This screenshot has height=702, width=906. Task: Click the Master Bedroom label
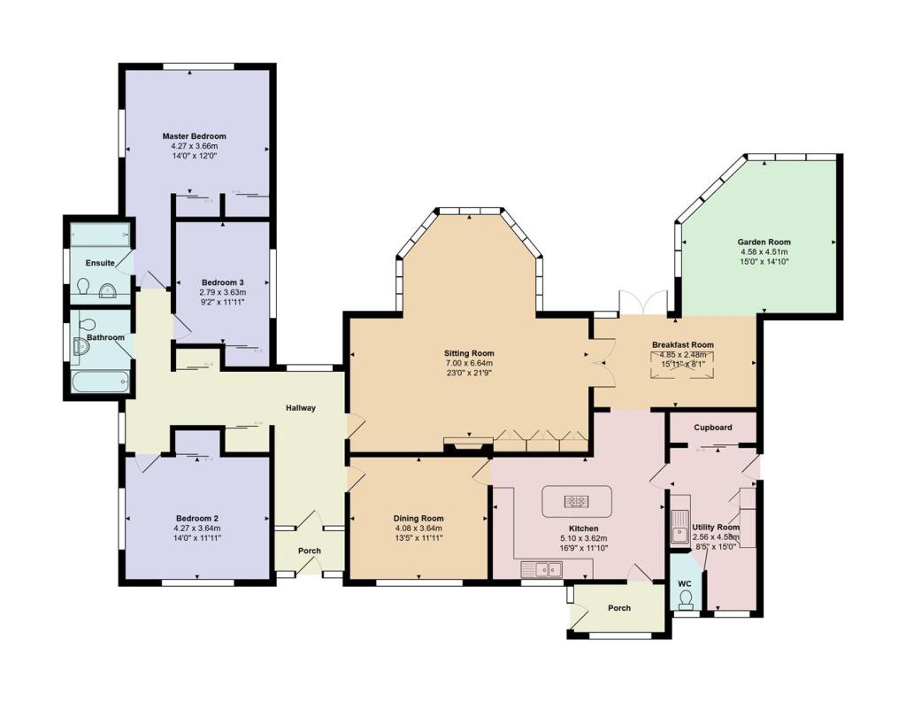[194, 136]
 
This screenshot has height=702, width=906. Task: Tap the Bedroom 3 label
[222, 282]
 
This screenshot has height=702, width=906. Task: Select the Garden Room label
[764, 243]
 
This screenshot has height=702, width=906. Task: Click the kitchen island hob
[576, 501]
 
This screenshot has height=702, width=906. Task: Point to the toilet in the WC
[686, 599]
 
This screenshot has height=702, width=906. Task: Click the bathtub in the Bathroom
[102, 382]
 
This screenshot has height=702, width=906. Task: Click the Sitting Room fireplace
[468, 444]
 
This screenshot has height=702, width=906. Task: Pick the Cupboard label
[713, 428]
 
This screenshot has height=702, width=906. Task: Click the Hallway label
[301, 408]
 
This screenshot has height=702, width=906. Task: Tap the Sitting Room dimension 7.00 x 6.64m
[469, 363]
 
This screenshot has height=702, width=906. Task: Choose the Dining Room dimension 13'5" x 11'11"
[418, 538]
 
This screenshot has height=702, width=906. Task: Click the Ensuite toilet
[82, 286]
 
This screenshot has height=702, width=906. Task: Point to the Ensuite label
[100, 263]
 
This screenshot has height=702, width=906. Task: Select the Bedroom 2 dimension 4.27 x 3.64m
[197, 528]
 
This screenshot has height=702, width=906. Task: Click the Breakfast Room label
[682, 345]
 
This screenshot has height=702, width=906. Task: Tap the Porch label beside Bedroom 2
[309, 552]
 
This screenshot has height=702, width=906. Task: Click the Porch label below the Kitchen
[618, 608]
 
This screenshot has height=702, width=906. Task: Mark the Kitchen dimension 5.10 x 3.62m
[584, 538]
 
